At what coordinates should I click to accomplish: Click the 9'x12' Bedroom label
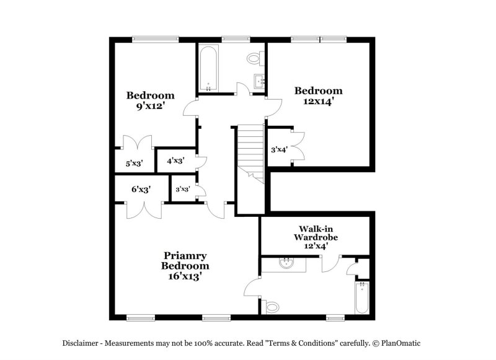(x=151, y=100)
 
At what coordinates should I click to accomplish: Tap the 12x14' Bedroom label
(x=318, y=96)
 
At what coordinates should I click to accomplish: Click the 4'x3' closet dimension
(x=176, y=160)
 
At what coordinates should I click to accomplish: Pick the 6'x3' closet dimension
(x=141, y=190)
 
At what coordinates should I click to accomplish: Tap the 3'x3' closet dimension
(x=182, y=190)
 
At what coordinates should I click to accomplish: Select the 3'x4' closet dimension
(x=278, y=149)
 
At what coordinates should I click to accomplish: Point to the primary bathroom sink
(x=286, y=263)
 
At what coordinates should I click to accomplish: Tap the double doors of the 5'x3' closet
(x=137, y=143)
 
